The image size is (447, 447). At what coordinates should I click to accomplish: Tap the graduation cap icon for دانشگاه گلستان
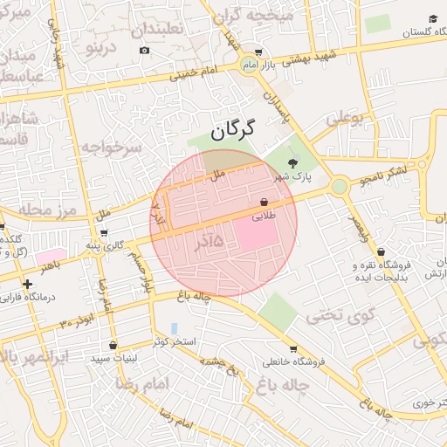(432, 19)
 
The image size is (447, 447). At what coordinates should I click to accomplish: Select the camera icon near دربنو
(144, 51)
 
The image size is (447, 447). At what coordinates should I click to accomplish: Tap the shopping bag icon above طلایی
(264, 202)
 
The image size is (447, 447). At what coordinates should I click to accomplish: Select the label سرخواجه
(111, 148)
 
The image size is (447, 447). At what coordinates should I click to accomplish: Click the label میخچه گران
(256, 16)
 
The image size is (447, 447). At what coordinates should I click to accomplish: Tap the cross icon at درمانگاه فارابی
(28, 284)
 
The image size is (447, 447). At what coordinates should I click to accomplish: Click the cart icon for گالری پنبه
(105, 233)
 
